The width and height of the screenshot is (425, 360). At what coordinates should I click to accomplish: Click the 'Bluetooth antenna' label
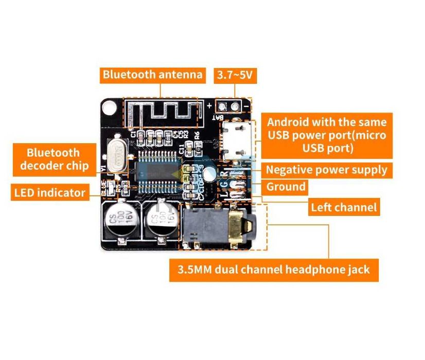(152, 75)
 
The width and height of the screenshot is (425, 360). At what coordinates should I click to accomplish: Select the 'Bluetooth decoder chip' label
(54, 159)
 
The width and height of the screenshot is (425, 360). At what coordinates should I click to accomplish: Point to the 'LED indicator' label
(49, 193)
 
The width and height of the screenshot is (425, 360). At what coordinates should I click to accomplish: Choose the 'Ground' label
(286, 186)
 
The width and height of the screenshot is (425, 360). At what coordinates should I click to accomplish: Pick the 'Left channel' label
(344, 207)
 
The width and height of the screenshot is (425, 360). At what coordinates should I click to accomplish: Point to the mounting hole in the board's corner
(109, 107)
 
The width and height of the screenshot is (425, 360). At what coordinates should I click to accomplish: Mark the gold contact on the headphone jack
(236, 226)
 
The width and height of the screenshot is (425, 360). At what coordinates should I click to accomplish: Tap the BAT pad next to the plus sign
(223, 106)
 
